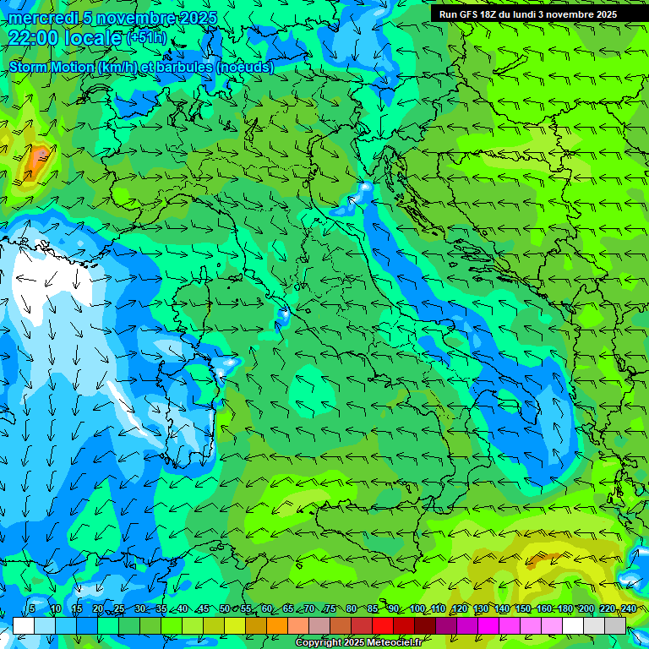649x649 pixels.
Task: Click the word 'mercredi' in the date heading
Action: point(41,18)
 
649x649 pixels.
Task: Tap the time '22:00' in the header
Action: point(33,37)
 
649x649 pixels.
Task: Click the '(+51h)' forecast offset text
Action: point(146,37)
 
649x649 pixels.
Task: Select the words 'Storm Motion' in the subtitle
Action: point(51,67)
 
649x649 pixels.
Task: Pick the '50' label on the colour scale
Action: point(224,608)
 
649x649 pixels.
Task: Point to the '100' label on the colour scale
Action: point(417,608)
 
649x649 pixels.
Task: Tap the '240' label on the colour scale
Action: point(629,608)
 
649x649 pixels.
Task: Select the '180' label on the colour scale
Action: point(565,608)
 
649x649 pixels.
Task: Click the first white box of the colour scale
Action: point(23,625)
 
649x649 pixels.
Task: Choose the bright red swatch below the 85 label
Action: point(382,625)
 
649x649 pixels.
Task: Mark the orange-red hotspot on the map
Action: point(37,157)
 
